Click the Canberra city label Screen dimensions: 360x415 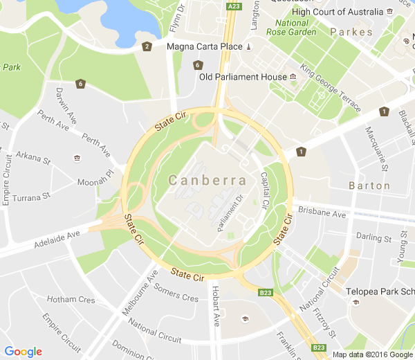click(207, 181)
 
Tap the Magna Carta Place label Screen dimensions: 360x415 click(205, 46)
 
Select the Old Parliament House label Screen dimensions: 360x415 click(243, 76)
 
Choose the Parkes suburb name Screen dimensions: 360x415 click(351, 32)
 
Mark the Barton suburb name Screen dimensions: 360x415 click(369, 186)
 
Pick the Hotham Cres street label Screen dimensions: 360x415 click(71, 300)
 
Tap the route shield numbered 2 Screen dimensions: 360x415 click(147, 47)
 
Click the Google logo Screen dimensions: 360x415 click(23, 352)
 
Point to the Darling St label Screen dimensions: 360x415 click(369, 237)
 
